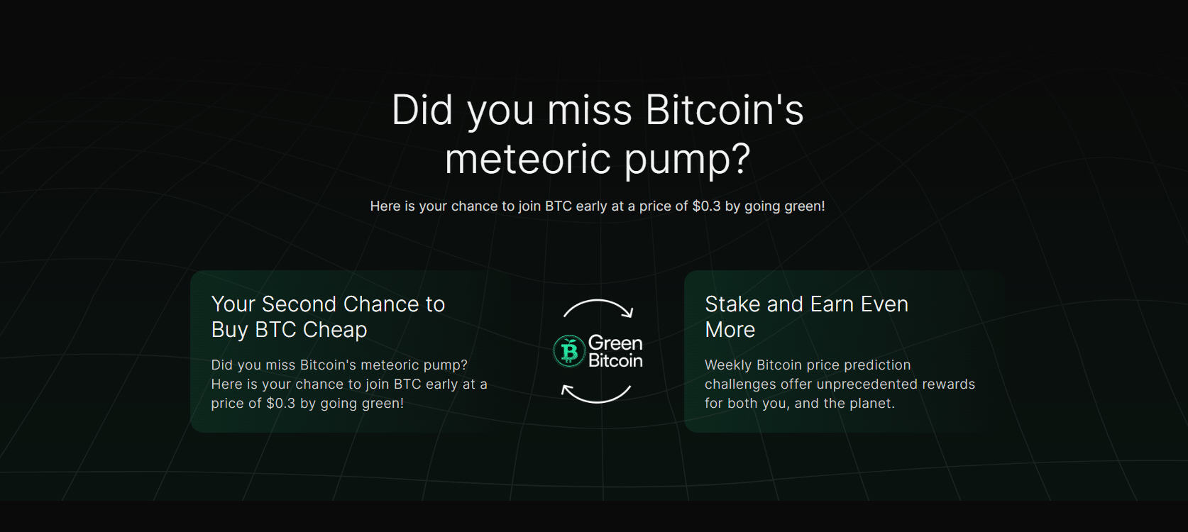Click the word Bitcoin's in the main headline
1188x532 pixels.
(x=724, y=111)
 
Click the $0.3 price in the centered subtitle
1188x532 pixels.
(x=706, y=206)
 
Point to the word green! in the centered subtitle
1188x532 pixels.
(x=804, y=206)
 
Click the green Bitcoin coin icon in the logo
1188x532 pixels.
(x=569, y=351)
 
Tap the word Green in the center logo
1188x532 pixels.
(x=615, y=343)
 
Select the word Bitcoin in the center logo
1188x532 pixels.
(x=615, y=361)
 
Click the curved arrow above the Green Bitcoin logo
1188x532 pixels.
(x=598, y=309)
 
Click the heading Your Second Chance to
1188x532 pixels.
(x=328, y=304)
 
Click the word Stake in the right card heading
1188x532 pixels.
(x=732, y=304)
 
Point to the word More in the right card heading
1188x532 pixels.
(x=730, y=330)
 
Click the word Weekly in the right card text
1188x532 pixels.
(x=727, y=365)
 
